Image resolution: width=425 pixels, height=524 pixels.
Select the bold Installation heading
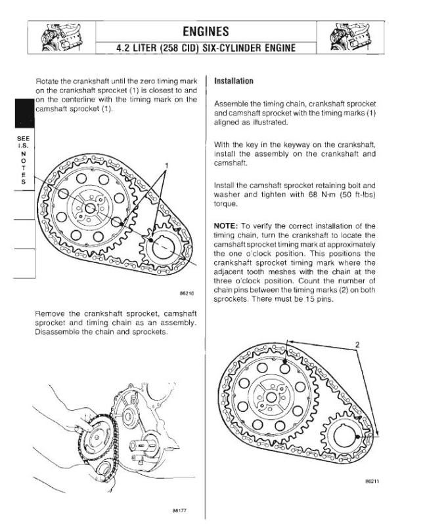(234, 81)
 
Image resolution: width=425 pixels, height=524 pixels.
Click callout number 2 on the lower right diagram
(357, 344)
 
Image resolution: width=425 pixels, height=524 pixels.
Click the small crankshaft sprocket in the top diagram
(161, 249)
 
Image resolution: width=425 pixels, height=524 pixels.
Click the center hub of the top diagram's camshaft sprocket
(90, 208)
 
